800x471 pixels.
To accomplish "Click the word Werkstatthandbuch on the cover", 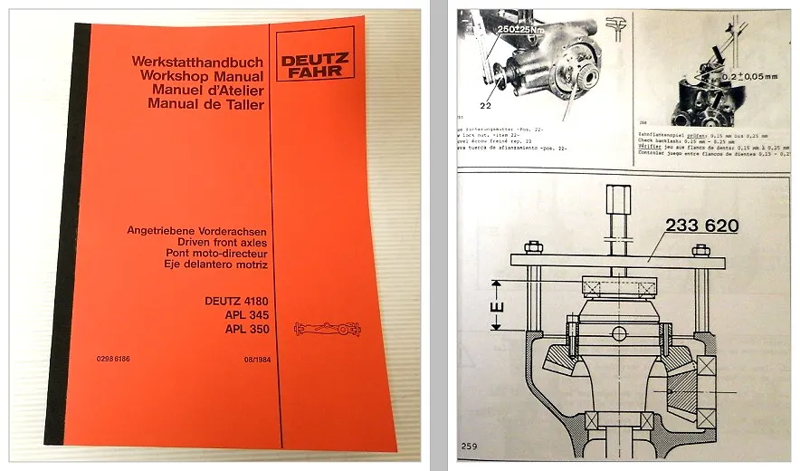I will (197, 62).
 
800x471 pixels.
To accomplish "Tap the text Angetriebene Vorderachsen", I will (200, 232).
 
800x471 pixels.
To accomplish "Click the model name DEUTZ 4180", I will (238, 300).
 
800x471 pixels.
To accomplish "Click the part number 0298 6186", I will (113, 360).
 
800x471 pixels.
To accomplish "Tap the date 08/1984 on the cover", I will (252, 360).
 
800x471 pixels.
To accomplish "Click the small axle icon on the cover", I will (328, 329).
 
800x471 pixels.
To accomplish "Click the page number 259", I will (469, 446).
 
